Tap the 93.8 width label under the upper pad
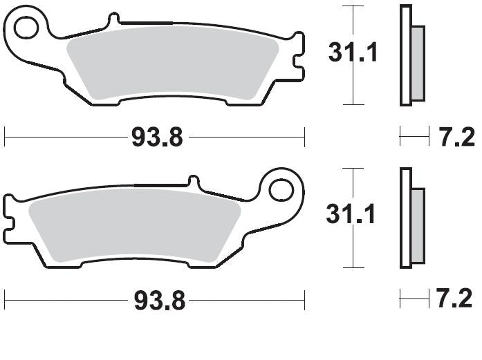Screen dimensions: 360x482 tap(157, 138)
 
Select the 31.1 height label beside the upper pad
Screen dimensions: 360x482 tap(353, 53)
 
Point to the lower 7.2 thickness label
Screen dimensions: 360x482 tap(455, 299)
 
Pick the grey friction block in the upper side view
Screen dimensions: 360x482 tap(418, 62)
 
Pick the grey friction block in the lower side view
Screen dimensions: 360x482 tap(418, 225)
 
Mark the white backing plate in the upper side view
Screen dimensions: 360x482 tap(405, 55)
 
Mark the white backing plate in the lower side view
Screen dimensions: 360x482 tap(405, 218)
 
